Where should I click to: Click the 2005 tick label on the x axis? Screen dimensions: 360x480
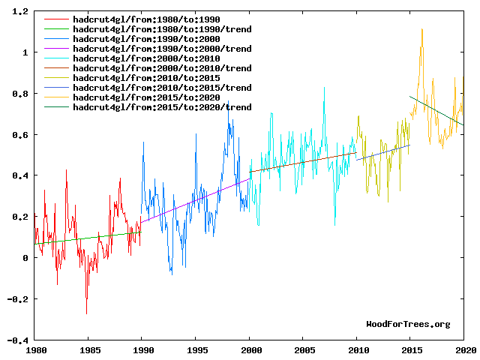pyautogui.click(x=304, y=349)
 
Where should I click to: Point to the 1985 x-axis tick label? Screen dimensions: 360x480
pyautogui.click(x=89, y=349)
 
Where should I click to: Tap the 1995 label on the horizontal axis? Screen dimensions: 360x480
pyautogui.click(x=196, y=349)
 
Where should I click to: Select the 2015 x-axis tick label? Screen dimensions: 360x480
pyautogui.click(x=411, y=349)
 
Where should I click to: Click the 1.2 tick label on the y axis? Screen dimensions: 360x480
pyautogui.click(x=20, y=12)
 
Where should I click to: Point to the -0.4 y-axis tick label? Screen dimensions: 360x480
pyautogui.click(x=17, y=340)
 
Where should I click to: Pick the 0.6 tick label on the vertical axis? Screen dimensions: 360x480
pyautogui.click(x=20, y=135)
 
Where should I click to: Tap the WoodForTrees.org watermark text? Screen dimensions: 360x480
pyautogui.click(x=408, y=324)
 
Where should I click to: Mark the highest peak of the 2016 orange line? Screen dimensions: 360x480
pyautogui.click(x=421, y=29)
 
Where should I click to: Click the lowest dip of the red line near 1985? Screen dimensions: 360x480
pyautogui.click(x=86, y=313)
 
